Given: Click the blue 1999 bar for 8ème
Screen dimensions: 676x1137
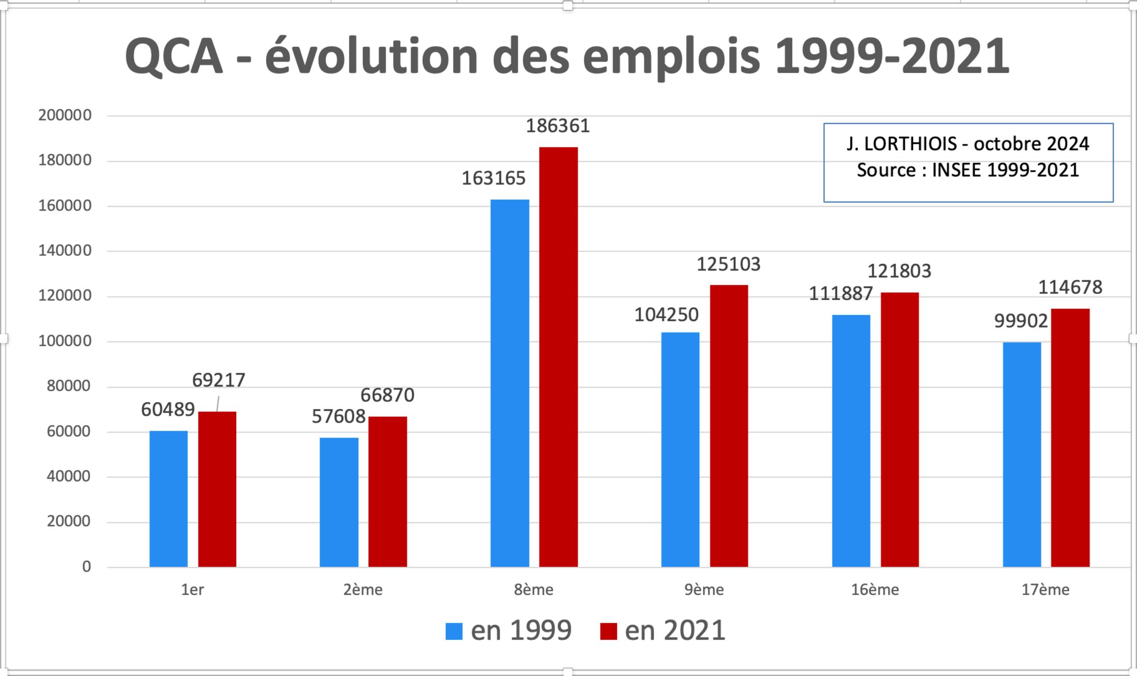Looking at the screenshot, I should pyautogui.click(x=510, y=383).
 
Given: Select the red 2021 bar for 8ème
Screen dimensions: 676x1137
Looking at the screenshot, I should pyautogui.click(x=558, y=357).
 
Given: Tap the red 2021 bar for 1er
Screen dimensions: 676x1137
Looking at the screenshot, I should pyautogui.click(x=217, y=489).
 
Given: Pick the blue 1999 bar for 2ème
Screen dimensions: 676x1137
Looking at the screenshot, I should pyautogui.click(x=339, y=502).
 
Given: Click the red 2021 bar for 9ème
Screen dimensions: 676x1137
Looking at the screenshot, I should pyautogui.click(x=729, y=425).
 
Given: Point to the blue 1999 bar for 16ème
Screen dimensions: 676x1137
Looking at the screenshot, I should pyautogui.click(x=851, y=441).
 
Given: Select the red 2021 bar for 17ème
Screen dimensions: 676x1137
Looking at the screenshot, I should pyautogui.click(x=1070, y=438).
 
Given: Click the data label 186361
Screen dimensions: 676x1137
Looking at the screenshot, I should pyautogui.click(x=558, y=126).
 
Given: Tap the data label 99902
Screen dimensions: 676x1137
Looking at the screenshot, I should pyautogui.click(x=1021, y=321).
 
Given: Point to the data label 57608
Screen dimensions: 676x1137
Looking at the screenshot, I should pyautogui.click(x=339, y=416).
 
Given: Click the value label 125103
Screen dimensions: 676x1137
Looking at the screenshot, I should pyautogui.click(x=728, y=265).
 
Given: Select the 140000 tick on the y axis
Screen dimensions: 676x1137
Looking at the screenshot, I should pyautogui.click(x=65, y=251).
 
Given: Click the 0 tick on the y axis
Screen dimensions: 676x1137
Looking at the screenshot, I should pyautogui.click(x=86, y=567).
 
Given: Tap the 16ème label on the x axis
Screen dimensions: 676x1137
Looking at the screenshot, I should pyautogui.click(x=875, y=590).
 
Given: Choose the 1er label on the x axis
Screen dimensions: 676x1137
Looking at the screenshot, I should pyautogui.click(x=192, y=590).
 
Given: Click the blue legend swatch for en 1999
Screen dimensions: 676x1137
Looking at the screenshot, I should pyautogui.click(x=454, y=632).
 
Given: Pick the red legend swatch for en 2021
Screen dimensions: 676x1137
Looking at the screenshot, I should pyautogui.click(x=608, y=632).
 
